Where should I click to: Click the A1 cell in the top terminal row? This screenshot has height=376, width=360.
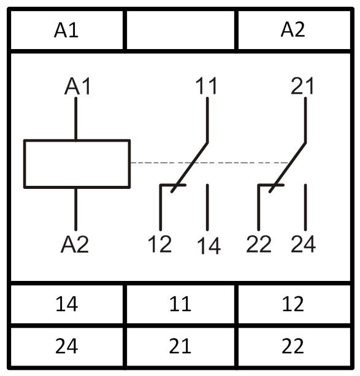(x=66, y=30)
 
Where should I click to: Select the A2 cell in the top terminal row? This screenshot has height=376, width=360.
(x=294, y=30)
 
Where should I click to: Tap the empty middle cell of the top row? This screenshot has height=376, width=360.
(x=180, y=30)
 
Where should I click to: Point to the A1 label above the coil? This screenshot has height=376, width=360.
(x=77, y=86)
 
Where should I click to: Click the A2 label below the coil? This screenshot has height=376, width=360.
(x=75, y=244)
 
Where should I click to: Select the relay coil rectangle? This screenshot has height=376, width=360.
(x=77, y=140)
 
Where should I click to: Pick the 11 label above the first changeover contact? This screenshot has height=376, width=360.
(x=207, y=86)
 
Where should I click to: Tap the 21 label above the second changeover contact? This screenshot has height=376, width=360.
(x=302, y=86)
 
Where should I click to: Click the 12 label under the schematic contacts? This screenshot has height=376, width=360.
(x=159, y=244)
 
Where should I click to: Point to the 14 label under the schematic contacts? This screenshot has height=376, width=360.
(x=209, y=245)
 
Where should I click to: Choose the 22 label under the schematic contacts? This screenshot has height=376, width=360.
(x=259, y=244)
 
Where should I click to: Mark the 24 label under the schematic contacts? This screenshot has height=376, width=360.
(x=303, y=244)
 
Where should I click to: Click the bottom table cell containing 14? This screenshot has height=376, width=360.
(x=66, y=304)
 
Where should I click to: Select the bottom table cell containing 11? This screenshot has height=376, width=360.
(x=180, y=304)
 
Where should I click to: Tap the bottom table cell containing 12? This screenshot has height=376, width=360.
(x=294, y=304)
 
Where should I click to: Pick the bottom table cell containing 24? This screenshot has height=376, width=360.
(x=66, y=346)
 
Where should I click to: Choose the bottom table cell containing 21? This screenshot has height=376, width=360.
(x=180, y=346)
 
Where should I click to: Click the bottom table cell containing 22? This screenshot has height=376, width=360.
(x=294, y=346)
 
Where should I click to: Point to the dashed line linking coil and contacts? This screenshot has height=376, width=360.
(x=209, y=163)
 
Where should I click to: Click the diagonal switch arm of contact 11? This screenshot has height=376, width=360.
(x=190, y=167)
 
